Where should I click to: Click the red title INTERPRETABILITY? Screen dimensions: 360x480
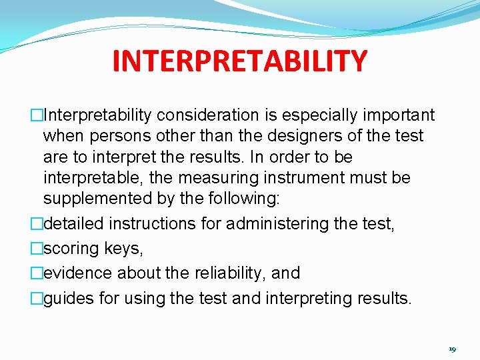[239, 61]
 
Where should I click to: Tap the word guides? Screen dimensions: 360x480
[69, 298]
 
